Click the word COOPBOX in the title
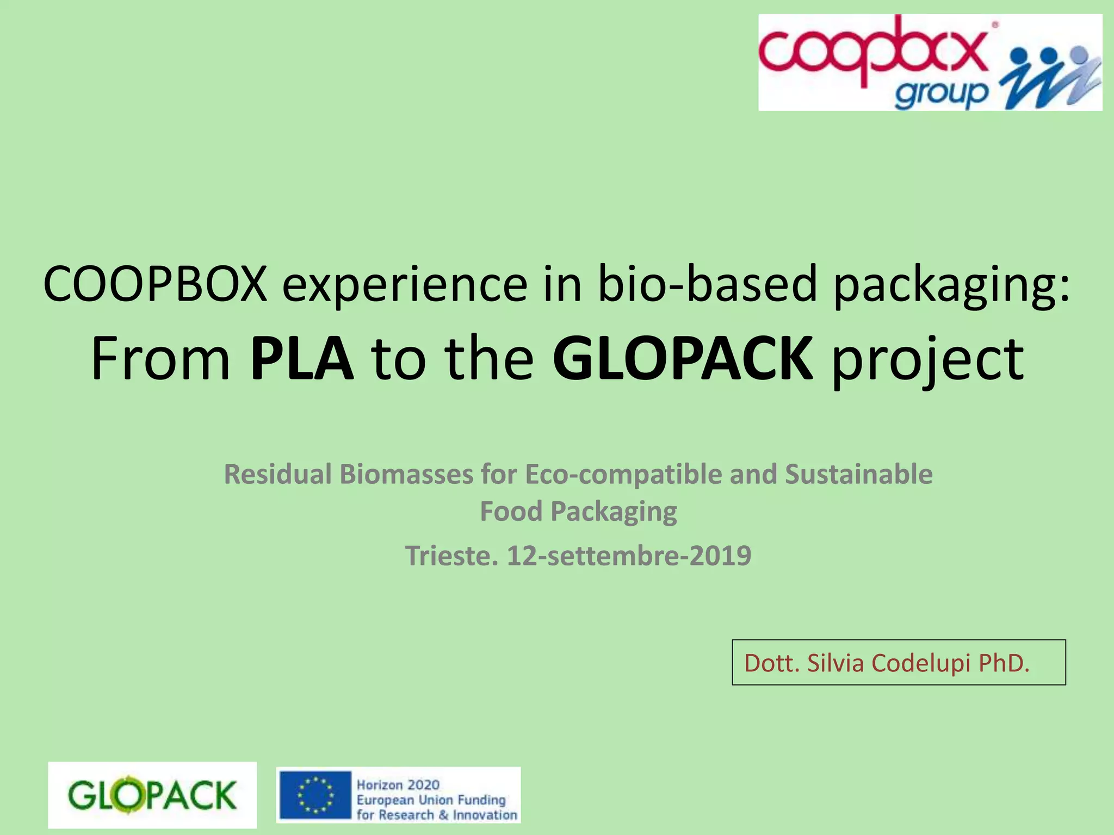[x=155, y=284]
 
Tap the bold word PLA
[x=301, y=359]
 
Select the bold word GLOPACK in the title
[x=683, y=359]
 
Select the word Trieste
[x=451, y=556]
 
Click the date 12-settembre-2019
[x=629, y=556]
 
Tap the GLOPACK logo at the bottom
[x=152, y=795]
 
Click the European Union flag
[x=315, y=795]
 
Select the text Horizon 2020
[x=398, y=784]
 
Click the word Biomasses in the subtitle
[x=406, y=474]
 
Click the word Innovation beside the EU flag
[x=485, y=815]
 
